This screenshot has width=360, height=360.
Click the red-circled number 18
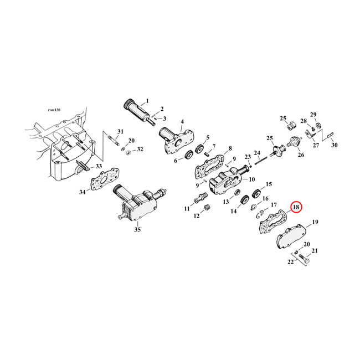coord(296,207)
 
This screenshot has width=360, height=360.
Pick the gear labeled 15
coord(256,194)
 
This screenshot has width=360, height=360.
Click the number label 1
coord(147,101)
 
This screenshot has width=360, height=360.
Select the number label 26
coord(301,155)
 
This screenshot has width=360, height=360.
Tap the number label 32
coord(140,150)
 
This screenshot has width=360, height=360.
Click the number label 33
coord(99,166)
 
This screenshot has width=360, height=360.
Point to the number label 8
coord(229,149)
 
